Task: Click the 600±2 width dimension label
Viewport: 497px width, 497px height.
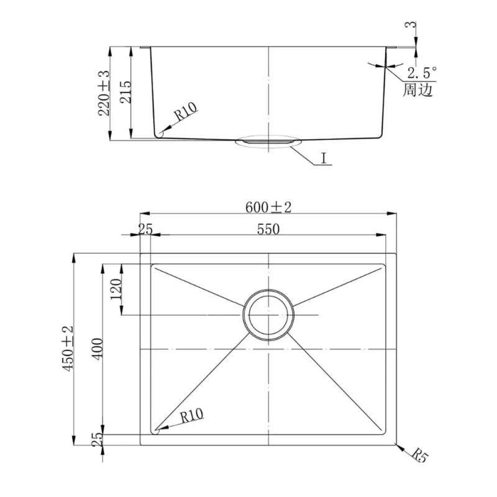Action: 268,207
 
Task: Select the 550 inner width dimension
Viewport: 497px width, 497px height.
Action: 268,229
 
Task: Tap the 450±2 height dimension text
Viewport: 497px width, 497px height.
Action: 68,349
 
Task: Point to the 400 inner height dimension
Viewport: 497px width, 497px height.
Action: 98,349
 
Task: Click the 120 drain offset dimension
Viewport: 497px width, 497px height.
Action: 116,289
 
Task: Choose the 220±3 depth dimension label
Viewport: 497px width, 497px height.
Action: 104,93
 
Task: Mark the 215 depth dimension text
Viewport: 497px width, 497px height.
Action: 125,92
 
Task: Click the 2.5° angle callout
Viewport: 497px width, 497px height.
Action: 422,73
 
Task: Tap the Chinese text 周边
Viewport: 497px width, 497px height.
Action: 417,90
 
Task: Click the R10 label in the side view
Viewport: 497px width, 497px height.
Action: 186,112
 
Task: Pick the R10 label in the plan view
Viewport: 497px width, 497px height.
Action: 192,416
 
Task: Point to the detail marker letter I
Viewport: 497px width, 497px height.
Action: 324,158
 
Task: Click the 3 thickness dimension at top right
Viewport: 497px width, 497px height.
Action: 411,24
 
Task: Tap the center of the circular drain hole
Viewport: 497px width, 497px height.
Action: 268,315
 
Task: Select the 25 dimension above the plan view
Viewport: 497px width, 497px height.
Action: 145,229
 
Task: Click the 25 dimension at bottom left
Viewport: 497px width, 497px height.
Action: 98,440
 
